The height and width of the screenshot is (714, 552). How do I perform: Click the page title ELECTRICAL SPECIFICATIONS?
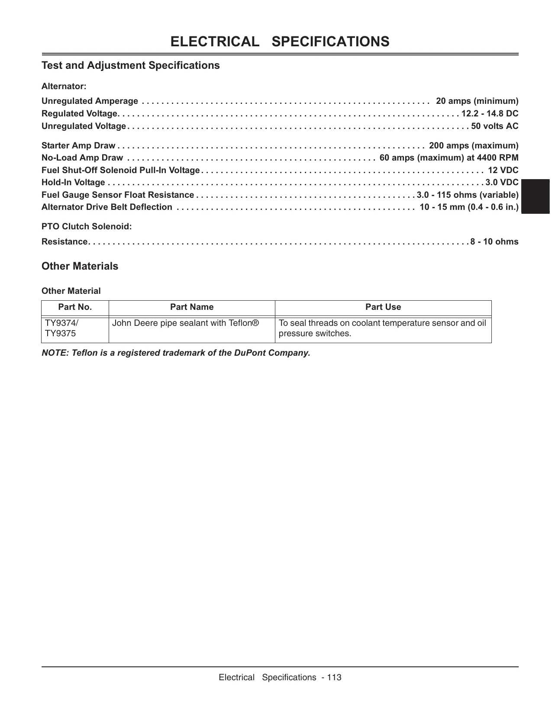pyautogui.click(x=280, y=42)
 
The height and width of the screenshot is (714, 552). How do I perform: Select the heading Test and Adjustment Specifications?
pyautogui.click(x=130, y=65)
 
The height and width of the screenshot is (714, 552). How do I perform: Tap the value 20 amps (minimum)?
pyautogui.click(x=477, y=101)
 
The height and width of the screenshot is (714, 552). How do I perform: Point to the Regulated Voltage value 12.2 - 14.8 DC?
pyautogui.click(x=490, y=113)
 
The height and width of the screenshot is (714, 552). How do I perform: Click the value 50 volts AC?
pyautogui.click(x=494, y=126)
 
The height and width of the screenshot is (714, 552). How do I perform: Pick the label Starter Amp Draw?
pyautogui.click(x=78, y=145)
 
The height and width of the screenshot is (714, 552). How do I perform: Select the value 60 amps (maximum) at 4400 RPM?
pyautogui.click(x=449, y=158)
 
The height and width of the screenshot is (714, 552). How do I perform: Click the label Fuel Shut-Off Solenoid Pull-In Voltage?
pyautogui.click(x=120, y=170)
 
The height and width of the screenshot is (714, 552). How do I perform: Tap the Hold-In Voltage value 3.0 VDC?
pyautogui.click(x=502, y=182)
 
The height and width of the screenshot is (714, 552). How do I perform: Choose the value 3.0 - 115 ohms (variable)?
pyautogui.click(x=467, y=195)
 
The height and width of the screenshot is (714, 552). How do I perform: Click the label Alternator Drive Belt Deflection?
pyautogui.click(x=107, y=207)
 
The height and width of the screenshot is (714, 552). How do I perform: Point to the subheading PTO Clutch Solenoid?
pyautogui.click(x=87, y=226)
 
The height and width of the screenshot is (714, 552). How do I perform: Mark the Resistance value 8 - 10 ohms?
pyautogui.click(x=494, y=241)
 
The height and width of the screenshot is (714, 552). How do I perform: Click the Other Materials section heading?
pyautogui.click(x=80, y=266)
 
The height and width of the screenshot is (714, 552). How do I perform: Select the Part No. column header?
pyautogui.click(x=75, y=307)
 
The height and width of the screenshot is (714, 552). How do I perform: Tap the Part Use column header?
pyautogui.click(x=383, y=307)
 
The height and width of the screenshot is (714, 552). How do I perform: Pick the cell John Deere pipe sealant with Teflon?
pyautogui.click(x=185, y=323)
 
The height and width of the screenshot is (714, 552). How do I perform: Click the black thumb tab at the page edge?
pyautogui.click(x=535, y=196)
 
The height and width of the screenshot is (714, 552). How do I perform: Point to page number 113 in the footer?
pyautogui.click(x=334, y=678)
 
